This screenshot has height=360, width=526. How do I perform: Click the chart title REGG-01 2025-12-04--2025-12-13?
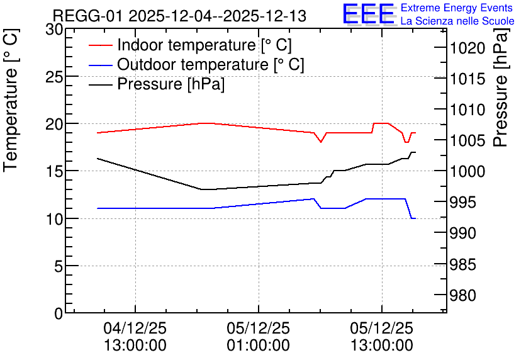179,16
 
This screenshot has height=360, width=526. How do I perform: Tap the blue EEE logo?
369,14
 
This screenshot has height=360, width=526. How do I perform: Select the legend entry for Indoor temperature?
190,45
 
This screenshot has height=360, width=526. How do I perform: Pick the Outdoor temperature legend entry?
196,64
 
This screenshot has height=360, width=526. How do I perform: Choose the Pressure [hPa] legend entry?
157,84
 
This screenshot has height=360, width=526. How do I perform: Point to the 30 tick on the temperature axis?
54,30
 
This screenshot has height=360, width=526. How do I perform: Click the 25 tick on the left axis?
54,77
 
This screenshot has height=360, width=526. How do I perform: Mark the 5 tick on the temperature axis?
59,266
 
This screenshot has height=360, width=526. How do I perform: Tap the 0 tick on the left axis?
59,313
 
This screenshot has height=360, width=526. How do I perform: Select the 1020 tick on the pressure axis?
467,48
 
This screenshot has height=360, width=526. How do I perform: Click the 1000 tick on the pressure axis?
467,171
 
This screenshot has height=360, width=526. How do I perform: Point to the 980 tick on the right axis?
462,295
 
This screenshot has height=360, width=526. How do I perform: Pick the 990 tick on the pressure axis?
462,233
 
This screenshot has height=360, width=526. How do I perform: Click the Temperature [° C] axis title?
11,100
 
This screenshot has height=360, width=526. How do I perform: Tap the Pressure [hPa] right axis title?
501,87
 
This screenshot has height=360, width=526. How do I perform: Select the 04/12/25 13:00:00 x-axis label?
135,337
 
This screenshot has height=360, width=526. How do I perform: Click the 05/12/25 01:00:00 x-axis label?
259,337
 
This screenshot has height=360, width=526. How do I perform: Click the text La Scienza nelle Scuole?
457,21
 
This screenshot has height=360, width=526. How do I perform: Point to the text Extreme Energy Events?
457,8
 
